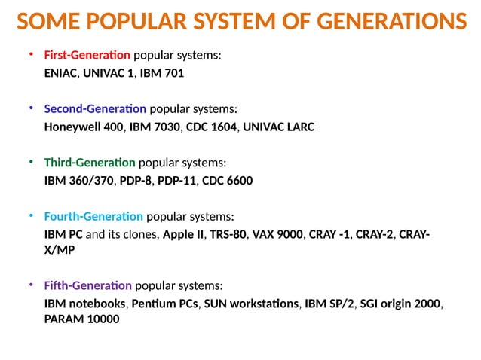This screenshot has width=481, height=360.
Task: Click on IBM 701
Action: click(162, 74)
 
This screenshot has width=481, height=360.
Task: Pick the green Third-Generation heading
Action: click(90, 163)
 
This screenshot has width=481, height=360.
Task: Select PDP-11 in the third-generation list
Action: click(176, 181)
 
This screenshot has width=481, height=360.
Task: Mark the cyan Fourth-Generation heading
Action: click(93, 217)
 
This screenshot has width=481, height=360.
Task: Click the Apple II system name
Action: click(183, 235)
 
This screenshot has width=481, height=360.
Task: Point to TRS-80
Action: click(228, 235)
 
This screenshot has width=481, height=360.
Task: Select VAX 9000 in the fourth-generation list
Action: click(278, 235)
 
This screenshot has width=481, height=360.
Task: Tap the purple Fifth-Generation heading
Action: click(87, 286)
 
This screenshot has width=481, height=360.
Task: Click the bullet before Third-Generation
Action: click(31, 162)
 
